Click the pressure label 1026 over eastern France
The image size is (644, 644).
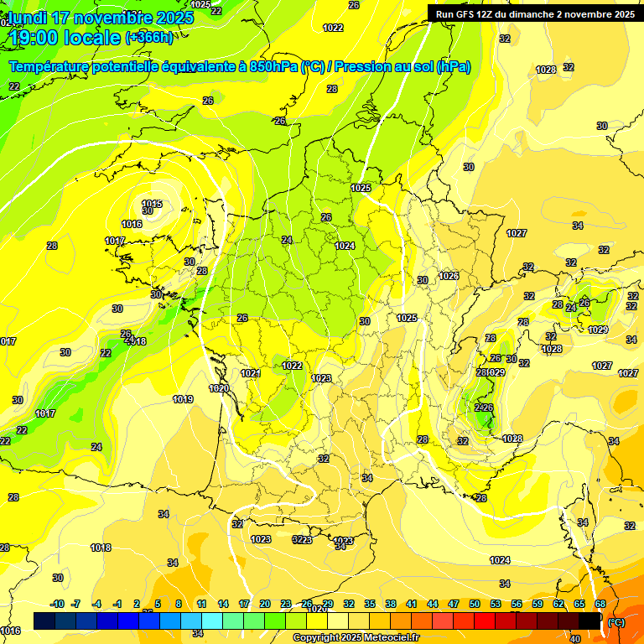(449, 276)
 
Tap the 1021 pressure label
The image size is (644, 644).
(251, 373)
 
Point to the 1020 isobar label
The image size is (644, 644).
(220, 388)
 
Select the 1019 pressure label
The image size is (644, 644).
(184, 399)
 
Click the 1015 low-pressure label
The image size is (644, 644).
(152, 204)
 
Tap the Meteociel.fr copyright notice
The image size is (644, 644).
(355, 638)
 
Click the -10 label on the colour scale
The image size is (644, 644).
(57, 604)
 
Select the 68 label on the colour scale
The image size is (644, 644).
(600, 604)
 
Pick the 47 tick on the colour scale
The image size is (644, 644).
(454, 604)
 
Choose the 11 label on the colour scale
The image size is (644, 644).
(202, 604)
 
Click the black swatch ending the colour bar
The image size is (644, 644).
(590, 621)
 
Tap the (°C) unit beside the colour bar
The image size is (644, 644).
(616, 621)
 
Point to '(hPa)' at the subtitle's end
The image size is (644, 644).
(453, 66)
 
